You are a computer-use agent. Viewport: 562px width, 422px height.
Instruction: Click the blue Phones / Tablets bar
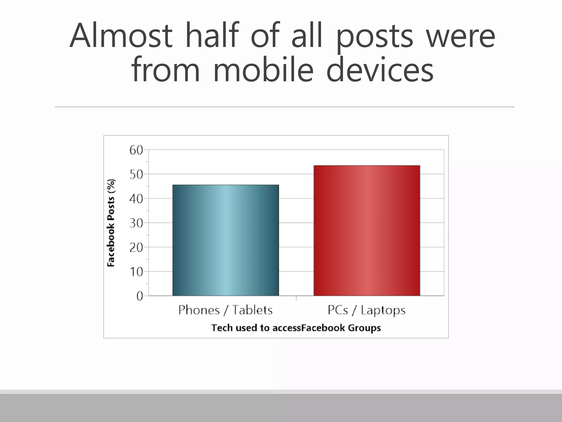point(226,240)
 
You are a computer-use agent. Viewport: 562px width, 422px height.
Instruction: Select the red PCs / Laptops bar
point(367,231)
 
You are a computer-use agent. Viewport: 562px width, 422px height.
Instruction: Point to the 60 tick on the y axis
point(136,150)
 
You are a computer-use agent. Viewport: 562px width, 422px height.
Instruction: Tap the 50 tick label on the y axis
point(136,174)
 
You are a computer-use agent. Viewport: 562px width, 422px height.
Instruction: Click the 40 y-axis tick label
point(136,199)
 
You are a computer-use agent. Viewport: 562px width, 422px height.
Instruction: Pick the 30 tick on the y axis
point(136,223)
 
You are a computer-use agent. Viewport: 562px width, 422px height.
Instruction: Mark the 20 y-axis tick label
point(136,248)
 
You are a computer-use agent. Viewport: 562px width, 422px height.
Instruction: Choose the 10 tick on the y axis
point(136,272)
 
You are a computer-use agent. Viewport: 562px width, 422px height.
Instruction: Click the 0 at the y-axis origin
point(140,296)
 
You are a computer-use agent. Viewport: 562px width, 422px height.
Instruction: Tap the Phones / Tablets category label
point(225,310)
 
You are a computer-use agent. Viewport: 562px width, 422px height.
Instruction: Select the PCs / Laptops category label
point(367,310)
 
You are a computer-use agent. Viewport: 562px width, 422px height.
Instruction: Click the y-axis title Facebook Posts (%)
point(111,223)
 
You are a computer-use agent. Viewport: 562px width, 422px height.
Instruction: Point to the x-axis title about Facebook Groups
point(296,328)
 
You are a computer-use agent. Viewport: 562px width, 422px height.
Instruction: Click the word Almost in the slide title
point(121,36)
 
